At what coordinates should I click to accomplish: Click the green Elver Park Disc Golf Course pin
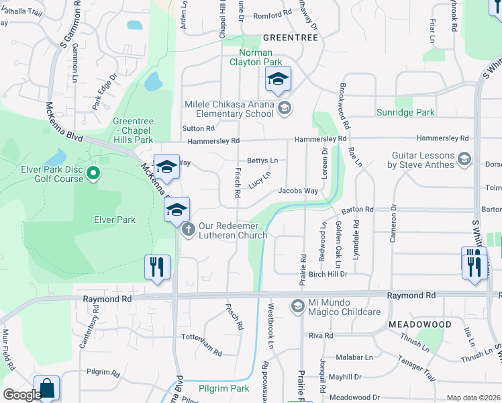coord(93,175)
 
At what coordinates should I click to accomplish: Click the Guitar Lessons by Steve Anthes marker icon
coord(464,159)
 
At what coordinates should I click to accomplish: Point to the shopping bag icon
coord(46,388)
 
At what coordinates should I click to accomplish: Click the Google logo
coord(21,395)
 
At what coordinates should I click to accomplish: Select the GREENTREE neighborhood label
coord(290,38)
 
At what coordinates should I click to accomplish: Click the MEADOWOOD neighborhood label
coord(419,324)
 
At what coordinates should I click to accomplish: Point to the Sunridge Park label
coord(405,112)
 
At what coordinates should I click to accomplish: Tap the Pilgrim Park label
coord(223,388)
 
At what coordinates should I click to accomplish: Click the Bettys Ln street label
coord(262,161)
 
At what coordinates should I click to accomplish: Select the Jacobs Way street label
coord(298,191)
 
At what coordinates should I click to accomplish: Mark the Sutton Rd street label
coord(198,128)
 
